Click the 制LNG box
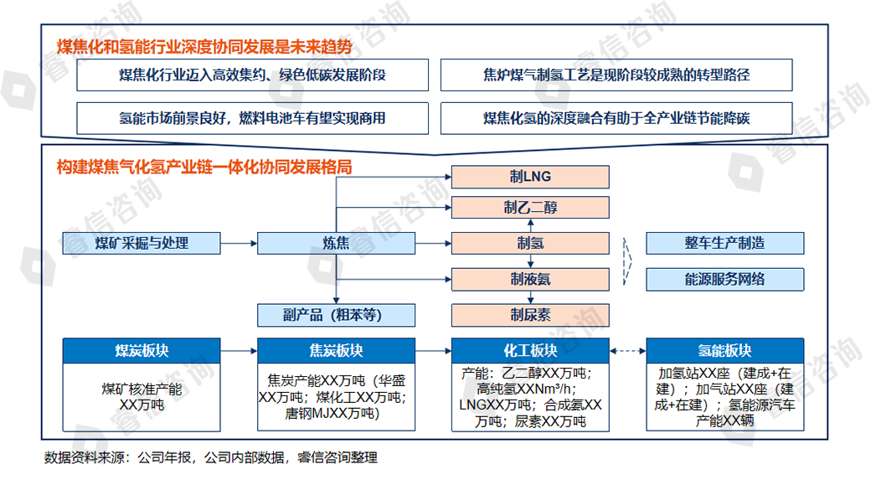pyautogui.click(x=531, y=177)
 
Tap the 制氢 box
pyautogui.click(x=531, y=243)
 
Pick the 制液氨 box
pyautogui.click(x=531, y=279)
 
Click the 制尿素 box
pyautogui.click(x=531, y=315)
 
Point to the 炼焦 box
pyautogui.click(x=336, y=243)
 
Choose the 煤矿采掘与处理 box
pyautogui.click(x=142, y=243)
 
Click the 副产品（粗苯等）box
pyautogui.click(x=336, y=315)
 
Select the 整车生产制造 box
pyautogui.click(x=724, y=243)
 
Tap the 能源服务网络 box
pyautogui.click(x=724, y=279)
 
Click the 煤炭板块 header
pyautogui.click(x=142, y=350)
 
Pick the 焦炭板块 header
pyautogui.click(x=336, y=350)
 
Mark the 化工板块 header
pyautogui.click(x=531, y=350)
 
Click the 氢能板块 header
pyautogui.click(x=724, y=350)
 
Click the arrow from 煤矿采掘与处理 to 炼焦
pyautogui.click(x=239, y=243)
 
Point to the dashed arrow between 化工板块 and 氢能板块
pyautogui.click(x=628, y=350)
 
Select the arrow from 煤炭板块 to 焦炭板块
pyautogui.click(x=239, y=350)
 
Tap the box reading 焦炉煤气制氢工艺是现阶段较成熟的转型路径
pyautogui.click(x=616, y=75)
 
